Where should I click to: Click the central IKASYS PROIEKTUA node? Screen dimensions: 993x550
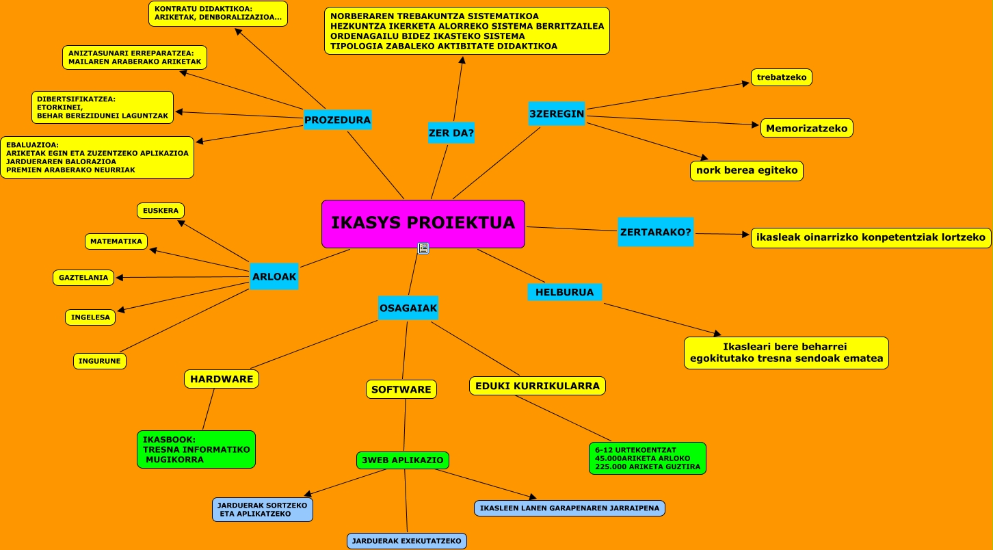click(423, 223)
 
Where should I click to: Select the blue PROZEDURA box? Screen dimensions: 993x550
click(337, 120)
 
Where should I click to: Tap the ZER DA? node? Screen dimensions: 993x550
click(451, 133)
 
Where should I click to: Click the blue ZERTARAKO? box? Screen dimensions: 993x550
click(655, 232)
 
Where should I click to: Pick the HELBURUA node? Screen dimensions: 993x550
click(564, 292)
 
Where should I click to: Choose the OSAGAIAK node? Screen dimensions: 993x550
click(408, 309)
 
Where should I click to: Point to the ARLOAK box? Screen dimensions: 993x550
click(274, 276)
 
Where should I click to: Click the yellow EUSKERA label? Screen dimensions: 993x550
click(161, 211)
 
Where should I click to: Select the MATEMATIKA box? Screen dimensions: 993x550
click(116, 241)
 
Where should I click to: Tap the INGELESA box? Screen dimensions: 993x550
click(90, 317)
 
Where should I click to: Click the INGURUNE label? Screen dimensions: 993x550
click(100, 361)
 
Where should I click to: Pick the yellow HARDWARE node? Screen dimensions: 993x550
click(222, 379)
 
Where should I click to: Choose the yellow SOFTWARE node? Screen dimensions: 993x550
click(401, 390)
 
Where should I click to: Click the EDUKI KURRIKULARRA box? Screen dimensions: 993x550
click(538, 386)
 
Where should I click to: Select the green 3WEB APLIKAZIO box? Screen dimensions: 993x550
click(403, 460)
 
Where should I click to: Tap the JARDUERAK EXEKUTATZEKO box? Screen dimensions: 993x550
click(407, 541)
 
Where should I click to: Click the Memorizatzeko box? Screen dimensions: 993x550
click(806, 128)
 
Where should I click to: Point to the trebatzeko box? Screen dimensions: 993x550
click(782, 77)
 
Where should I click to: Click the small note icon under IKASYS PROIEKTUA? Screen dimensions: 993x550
click(423, 248)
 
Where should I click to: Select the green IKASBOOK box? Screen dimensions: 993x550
click(196, 449)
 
